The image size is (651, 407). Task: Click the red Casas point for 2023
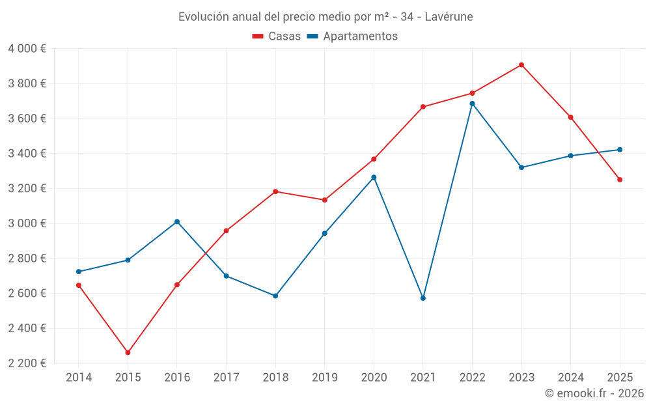(x=521, y=65)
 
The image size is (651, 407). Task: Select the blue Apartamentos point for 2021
(x=423, y=298)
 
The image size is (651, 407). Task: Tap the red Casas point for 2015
(x=128, y=352)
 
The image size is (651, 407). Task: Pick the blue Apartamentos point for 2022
(x=472, y=104)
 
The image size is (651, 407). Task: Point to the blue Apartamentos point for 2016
(x=177, y=222)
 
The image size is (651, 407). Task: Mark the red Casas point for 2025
(x=620, y=180)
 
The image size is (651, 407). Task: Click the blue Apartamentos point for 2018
(x=275, y=296)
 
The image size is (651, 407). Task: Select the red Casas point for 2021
(x=423, y=107)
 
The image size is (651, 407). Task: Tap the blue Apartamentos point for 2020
(x=374, y=177)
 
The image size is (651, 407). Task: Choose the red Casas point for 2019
(x=325, y=200)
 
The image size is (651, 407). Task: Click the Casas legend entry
(x=277, y=36)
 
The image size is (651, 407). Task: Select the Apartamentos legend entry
(x=352, y=36)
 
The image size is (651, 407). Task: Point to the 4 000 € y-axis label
(x=27, y=49)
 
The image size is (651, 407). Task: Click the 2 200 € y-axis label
(x=27, y=363)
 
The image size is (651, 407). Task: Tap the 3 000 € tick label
(x=27, y=223)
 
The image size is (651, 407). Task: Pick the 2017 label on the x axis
(x=226, y=378)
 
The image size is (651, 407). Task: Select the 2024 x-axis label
(x=570, y=378)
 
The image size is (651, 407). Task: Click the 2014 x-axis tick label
(x=79, y=378)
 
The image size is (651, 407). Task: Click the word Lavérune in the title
(x=449, y=17)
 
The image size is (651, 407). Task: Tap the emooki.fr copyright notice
(x=594, y=393)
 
